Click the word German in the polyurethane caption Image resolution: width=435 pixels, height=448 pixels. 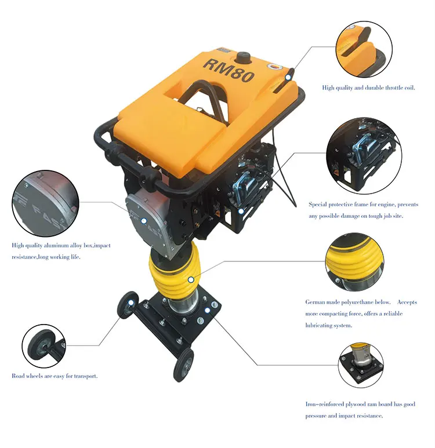point(317,302)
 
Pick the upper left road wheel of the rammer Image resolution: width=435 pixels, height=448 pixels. point(128,305)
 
